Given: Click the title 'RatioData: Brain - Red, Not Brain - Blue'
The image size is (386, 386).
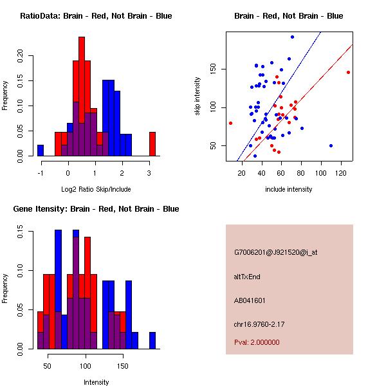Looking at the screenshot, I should point(96,16).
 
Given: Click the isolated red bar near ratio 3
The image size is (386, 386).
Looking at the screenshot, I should point(152,143).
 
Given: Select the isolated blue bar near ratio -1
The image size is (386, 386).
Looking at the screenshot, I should point(41,151).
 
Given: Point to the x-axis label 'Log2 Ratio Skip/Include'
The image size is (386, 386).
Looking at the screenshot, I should point(96,189).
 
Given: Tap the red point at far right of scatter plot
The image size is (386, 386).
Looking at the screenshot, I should point(348,72).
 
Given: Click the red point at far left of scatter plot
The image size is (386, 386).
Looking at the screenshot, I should point(230,123).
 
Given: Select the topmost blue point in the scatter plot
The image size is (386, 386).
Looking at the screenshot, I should point(292,37).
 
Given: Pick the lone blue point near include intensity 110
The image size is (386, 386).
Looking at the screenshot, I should point(331,145).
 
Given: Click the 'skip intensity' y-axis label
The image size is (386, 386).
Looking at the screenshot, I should point(198,96).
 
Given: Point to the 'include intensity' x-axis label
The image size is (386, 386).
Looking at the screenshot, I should point(289,189).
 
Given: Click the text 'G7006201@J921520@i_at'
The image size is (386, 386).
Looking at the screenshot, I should point(276,252).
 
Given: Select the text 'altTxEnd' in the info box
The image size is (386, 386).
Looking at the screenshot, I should point(247,276).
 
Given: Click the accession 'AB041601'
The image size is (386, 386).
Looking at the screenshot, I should point(250,300).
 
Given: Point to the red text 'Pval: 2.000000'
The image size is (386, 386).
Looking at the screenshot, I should point(257,342).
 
